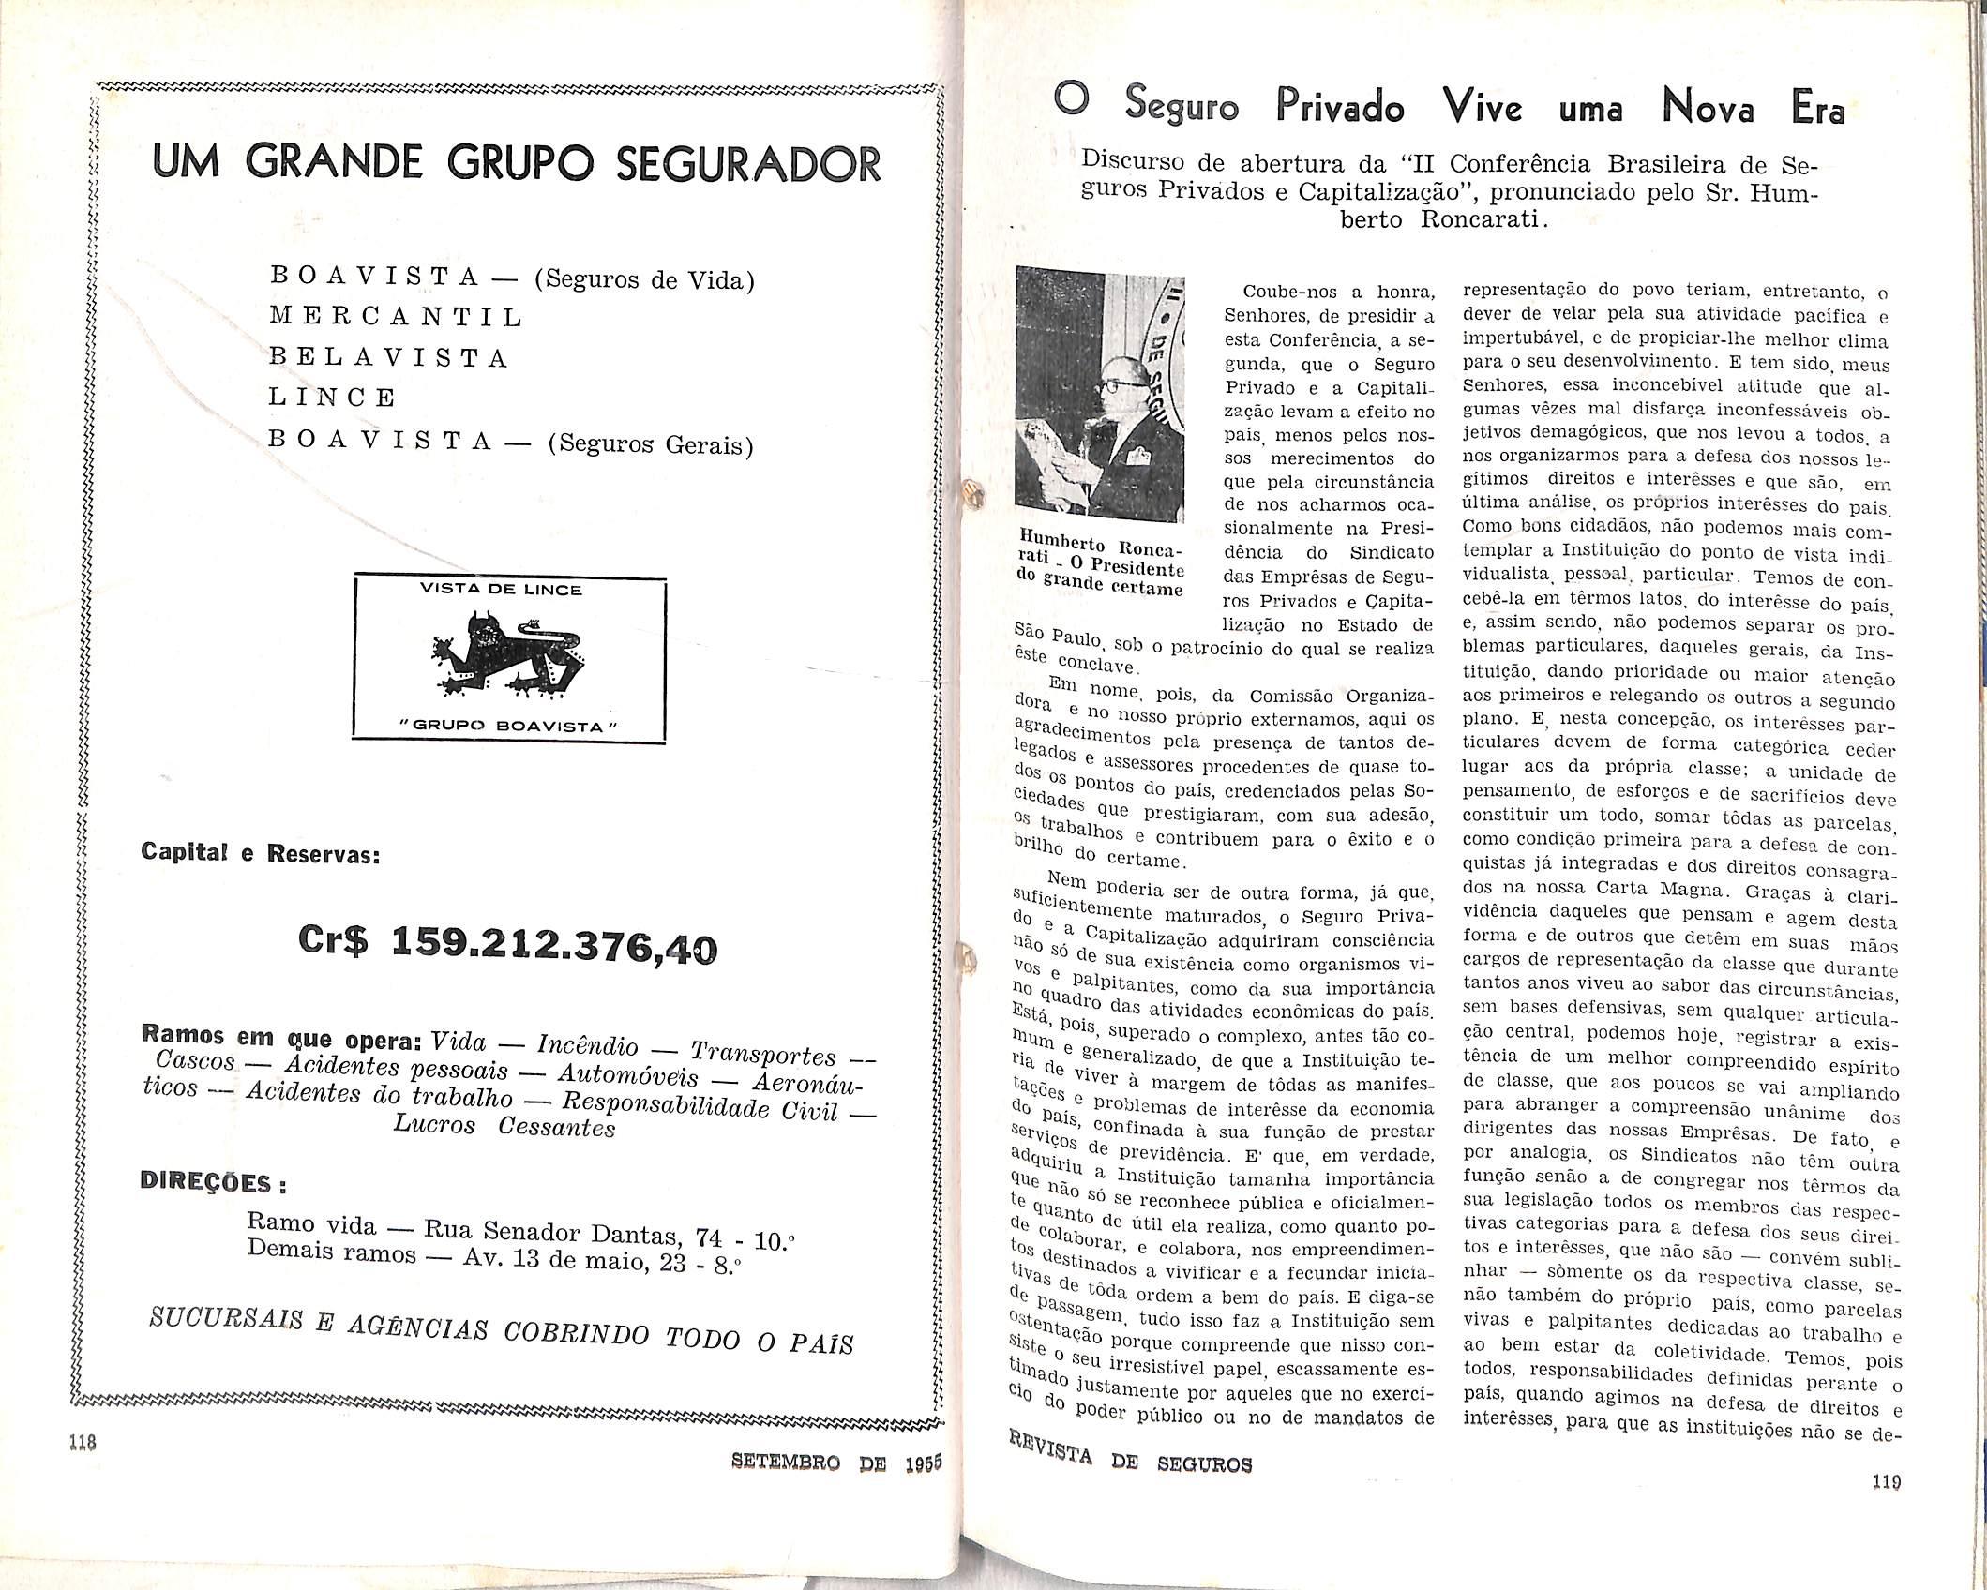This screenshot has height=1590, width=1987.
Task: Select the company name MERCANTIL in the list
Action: pos(396,317)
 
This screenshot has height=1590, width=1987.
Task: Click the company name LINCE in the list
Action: pos(332,397)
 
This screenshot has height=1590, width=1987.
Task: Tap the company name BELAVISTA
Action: pos(388,357)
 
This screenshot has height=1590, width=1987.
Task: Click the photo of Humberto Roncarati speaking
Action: pos(1101,398)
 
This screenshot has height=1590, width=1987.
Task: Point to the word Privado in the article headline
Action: pos(1339,110)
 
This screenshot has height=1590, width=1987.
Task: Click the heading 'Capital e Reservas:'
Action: pos(260,854)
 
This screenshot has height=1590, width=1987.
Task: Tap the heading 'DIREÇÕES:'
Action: pos(213,1182)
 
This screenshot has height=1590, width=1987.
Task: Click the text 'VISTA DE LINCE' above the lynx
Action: pos(514,590)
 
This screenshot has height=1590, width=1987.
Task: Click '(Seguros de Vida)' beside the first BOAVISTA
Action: pos(644,280)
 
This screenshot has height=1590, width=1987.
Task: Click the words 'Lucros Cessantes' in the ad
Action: pos(504,1125)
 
